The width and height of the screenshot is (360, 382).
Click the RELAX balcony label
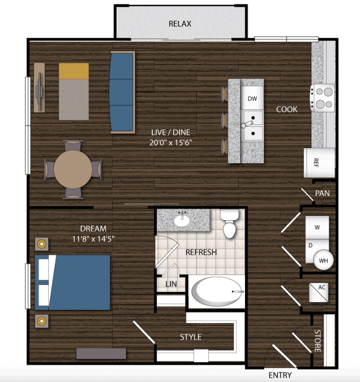180,23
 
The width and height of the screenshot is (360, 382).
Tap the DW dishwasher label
252,98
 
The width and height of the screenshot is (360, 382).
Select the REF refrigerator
319,162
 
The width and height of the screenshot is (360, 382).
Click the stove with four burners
322,98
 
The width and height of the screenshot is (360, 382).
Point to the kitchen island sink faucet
246,124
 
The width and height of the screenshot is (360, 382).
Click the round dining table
73,169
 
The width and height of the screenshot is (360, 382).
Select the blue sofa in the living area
123,92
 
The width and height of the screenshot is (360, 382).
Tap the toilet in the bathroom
229,223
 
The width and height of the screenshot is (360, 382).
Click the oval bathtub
217,291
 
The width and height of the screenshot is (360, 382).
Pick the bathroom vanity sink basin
182,221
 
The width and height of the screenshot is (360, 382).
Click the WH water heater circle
323,260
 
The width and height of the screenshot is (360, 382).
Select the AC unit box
318,292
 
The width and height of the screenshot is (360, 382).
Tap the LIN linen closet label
171,284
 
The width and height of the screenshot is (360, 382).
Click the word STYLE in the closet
191,337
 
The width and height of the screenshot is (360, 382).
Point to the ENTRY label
280,375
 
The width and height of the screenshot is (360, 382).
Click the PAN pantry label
322,193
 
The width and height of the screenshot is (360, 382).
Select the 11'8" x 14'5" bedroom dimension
93,239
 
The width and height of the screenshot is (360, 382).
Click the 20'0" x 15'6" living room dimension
170,142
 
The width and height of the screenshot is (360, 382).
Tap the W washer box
317,228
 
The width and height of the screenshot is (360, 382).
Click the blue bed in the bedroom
73,282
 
